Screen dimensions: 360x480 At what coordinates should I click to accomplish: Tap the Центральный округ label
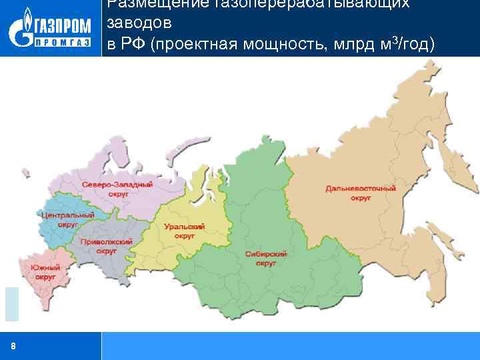pyautogui.click(x=67, y=219)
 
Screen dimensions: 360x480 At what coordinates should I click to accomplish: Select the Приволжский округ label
pyautogui.click(x=106, y=247)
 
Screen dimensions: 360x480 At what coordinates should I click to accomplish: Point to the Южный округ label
pyautogui.click(x=45, y=271)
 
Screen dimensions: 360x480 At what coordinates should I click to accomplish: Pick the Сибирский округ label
pyautogui.click(x=265, y=259)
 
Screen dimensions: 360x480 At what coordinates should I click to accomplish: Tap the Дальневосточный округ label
pyautogui.click(x=361, y=193)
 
